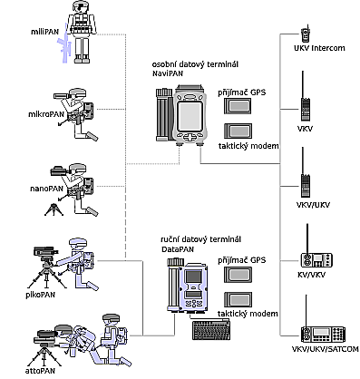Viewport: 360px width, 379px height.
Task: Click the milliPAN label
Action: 44,32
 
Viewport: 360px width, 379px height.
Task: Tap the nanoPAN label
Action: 46,189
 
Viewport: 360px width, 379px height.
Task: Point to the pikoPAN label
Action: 41,294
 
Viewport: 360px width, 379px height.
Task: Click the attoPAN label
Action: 41,371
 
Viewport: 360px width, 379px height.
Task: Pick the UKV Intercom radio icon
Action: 306,34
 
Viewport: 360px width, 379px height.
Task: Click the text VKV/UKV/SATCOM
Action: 326,349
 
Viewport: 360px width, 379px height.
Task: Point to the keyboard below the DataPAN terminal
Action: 212,329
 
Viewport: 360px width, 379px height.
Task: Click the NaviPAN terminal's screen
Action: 190,115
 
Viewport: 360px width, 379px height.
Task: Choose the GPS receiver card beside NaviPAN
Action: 238,106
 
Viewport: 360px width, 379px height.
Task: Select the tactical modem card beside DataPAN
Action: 238,299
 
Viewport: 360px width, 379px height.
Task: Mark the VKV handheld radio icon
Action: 305,97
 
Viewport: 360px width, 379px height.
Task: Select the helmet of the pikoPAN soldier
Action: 78,243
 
